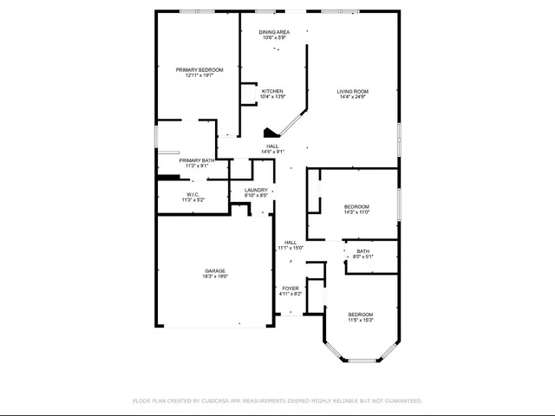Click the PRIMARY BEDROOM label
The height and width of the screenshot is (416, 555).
[x=199, y=69]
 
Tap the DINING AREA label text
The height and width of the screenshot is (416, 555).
[x=274, y=32]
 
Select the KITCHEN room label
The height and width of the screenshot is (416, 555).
[x=272, y=91]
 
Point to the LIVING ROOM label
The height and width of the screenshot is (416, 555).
[x=353, y=91]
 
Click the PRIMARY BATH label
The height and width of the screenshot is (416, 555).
[x=197, y=160]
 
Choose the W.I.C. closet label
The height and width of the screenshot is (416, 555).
[x=193, y=194]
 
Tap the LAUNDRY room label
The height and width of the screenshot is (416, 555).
[x=255, y=190]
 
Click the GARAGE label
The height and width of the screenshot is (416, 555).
[x=215, y=271]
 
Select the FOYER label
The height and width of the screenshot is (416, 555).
[x=290, y=289]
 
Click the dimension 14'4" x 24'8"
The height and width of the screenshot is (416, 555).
[x=353, y=97]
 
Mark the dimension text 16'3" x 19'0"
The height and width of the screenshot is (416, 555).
[x=215, y=277]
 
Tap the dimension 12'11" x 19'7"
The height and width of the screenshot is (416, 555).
[x=199, y=75]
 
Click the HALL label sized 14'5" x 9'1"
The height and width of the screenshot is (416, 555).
[x=272, y=146]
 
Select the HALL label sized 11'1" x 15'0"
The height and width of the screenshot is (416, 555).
[x=290, y=243]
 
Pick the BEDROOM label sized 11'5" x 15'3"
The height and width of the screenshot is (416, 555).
[x=361, y=314]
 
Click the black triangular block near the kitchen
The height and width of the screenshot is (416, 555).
[x=268, y=133]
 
